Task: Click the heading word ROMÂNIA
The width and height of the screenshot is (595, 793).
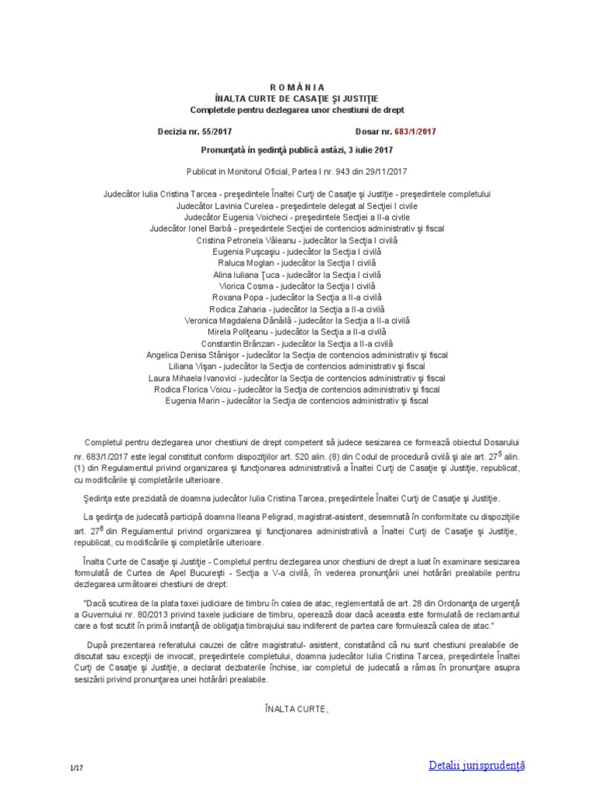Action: point(297,88)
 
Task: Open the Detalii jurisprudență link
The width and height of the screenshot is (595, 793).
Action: point(476,765)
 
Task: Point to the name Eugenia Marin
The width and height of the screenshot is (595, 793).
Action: point(195,401)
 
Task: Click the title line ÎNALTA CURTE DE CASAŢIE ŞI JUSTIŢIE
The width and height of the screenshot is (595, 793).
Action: point(297,99)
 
